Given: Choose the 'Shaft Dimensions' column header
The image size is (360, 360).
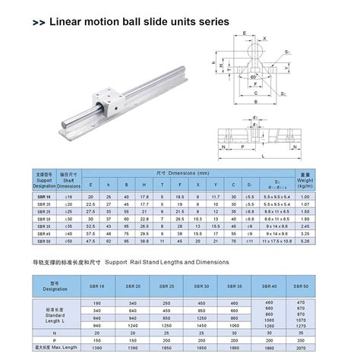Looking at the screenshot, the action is tap(69, 182).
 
